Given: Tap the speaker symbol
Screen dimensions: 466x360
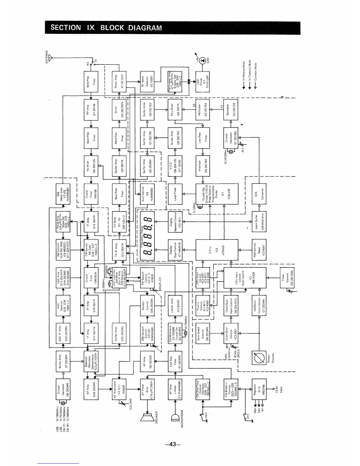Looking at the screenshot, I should click(x=148, y=419).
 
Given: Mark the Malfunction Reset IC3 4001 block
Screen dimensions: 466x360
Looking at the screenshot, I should click(x=259, y=250).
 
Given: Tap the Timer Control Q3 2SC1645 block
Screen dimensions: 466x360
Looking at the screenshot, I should click(x=287, y=278).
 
